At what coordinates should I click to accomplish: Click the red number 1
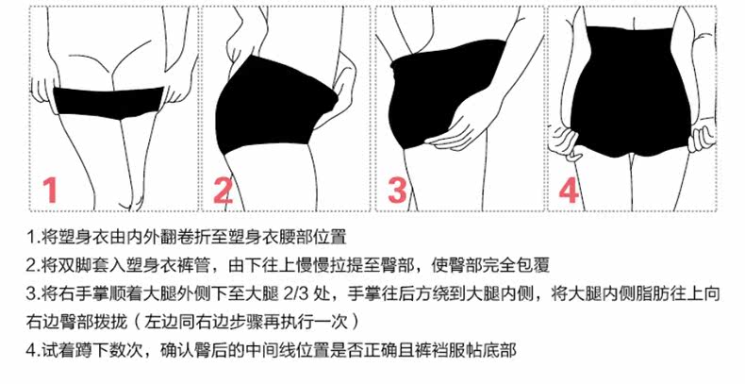(x=51, y=190)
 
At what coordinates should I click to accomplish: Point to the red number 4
(x=568, y=190)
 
